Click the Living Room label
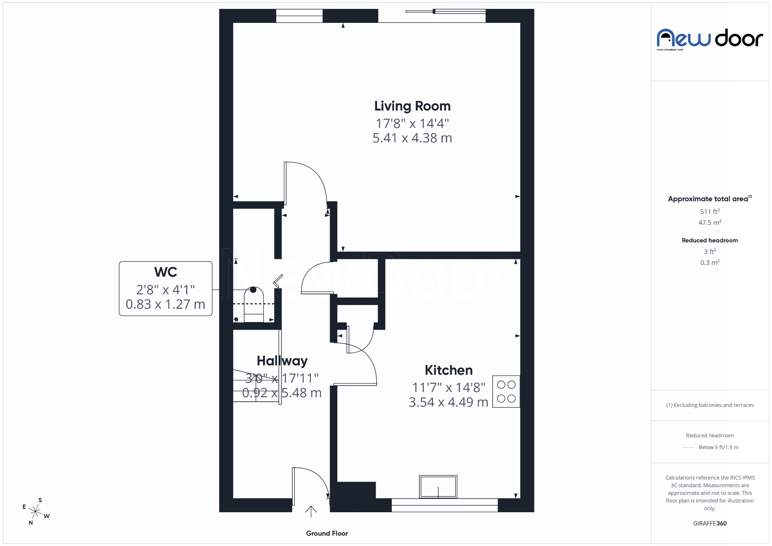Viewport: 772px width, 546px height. (x=412, y=106)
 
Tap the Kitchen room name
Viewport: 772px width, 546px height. (x=448, y=370)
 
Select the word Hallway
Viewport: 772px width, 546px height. (x=282, y=361)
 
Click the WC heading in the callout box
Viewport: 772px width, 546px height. (x=165, y=272)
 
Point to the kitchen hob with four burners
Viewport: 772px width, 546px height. (x=506, y=392)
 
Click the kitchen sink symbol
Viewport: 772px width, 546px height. (x=438, y=486)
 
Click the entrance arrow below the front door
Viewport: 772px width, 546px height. (x=311, y=511)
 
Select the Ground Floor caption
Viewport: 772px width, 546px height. (x=326, y=534)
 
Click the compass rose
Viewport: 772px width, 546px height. (x=36, y=511)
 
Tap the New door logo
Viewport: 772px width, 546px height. (x=710, y=39)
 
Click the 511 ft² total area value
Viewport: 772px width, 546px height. (x=710, y=211)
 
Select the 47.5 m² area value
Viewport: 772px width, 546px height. (x=710, y=222)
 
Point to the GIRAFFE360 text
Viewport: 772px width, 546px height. (x=710, y=523)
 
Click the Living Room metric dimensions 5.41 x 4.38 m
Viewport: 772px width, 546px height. (x=412, y=138)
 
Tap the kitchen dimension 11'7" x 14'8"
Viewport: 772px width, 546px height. (x=448, y=388)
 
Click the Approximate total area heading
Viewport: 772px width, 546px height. (x=708, y=199)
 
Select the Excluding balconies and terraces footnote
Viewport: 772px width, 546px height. (x=710, y=405)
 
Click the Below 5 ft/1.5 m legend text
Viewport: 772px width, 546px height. (x=718, y=447)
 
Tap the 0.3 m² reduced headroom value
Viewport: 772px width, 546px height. (x=710, y=263)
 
